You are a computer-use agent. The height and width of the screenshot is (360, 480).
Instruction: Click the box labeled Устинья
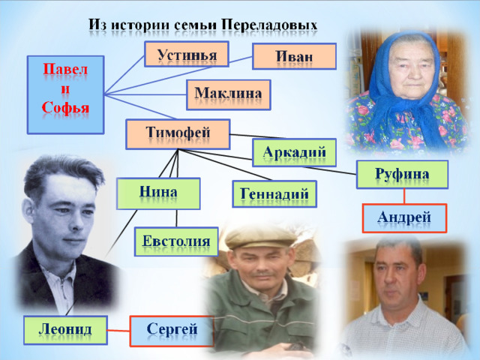pos(187,54)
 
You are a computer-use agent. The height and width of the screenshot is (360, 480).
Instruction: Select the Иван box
pos(294,56)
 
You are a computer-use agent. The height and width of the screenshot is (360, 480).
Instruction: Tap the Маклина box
pos(228,95)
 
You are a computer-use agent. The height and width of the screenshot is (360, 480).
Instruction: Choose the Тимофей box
pos(178,134)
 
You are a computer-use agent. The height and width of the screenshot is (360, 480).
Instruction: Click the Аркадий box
pos(294,152)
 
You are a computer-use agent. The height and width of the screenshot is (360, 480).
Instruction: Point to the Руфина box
pos(402,175)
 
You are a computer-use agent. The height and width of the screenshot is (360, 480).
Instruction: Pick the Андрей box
pos(404,218)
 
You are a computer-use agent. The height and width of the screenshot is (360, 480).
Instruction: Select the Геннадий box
pos(274,194)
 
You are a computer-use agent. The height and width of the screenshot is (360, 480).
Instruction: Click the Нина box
pos(158,193)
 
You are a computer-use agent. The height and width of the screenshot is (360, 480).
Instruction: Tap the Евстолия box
pos(176,241)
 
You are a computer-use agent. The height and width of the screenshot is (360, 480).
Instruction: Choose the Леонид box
pos(65,330)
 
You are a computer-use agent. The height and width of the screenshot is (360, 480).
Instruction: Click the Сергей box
pos(172,331)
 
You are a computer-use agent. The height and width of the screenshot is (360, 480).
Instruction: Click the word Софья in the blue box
pos(65,108)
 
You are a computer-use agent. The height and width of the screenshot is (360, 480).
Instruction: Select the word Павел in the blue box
pos(65,69)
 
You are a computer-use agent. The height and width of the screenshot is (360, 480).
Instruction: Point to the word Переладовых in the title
pos(269,25)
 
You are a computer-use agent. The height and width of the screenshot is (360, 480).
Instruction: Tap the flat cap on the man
pos(261,236)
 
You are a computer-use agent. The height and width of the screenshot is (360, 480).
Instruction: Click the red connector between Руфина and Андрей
pos(404,196)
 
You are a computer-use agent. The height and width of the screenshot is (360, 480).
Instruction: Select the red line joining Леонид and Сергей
pos(118,331)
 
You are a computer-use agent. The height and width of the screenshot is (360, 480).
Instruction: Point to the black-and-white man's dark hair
pos(63,172)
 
